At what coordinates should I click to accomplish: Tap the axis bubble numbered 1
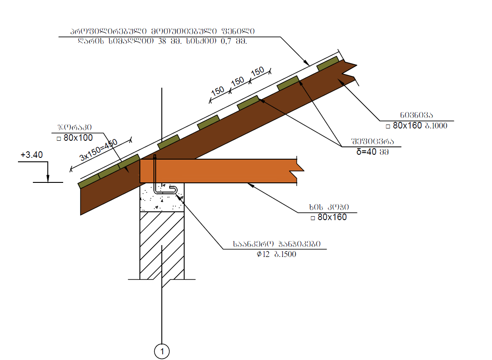[x=162, y=351]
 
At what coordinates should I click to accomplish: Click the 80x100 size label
[x=75, y=138]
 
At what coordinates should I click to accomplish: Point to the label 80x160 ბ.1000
[x=416, y=126]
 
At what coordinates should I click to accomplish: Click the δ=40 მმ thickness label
[x=372, y=152]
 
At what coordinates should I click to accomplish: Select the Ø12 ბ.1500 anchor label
[x=276, y=254]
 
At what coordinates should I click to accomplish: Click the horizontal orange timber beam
[x=219, y=171]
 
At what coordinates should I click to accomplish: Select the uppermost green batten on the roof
[x=328, y=64]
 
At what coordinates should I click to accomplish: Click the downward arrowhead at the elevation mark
[x=48, y=178]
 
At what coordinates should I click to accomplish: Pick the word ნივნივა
[x=416, y=116]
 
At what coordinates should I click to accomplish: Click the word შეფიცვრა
[x=372, y=142]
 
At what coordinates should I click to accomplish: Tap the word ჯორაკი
[x=78, y=128]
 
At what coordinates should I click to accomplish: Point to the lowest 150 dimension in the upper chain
[x=218, y=91]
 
